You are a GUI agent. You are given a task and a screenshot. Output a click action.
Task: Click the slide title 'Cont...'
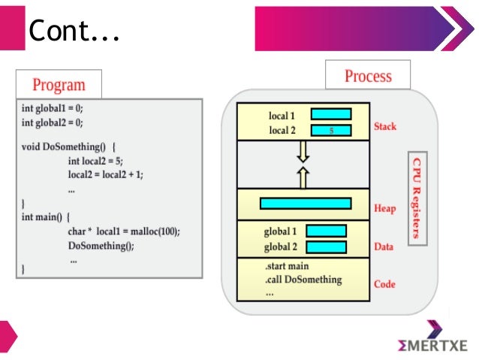74,31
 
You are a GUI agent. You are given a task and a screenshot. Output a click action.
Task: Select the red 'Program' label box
59,84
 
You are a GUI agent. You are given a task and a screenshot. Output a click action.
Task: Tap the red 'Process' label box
368,76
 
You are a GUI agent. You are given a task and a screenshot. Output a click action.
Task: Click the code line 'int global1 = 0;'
53,108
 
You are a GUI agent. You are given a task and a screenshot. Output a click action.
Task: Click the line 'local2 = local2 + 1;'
105,174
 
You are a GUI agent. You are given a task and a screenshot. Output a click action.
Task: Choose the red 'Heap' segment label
384,208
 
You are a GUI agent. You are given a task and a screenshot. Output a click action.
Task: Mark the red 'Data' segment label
384,247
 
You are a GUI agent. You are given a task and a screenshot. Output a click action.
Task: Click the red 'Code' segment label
384,285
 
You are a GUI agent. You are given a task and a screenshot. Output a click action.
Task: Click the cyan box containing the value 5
331,131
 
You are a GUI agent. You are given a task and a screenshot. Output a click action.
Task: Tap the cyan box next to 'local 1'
331,115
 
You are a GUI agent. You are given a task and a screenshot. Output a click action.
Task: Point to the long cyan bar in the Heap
305,203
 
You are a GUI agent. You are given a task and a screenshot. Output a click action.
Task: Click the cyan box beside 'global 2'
326,247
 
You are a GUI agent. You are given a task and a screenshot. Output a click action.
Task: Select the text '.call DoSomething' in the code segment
303,280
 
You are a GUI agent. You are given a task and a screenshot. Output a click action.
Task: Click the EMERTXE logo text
433,345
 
